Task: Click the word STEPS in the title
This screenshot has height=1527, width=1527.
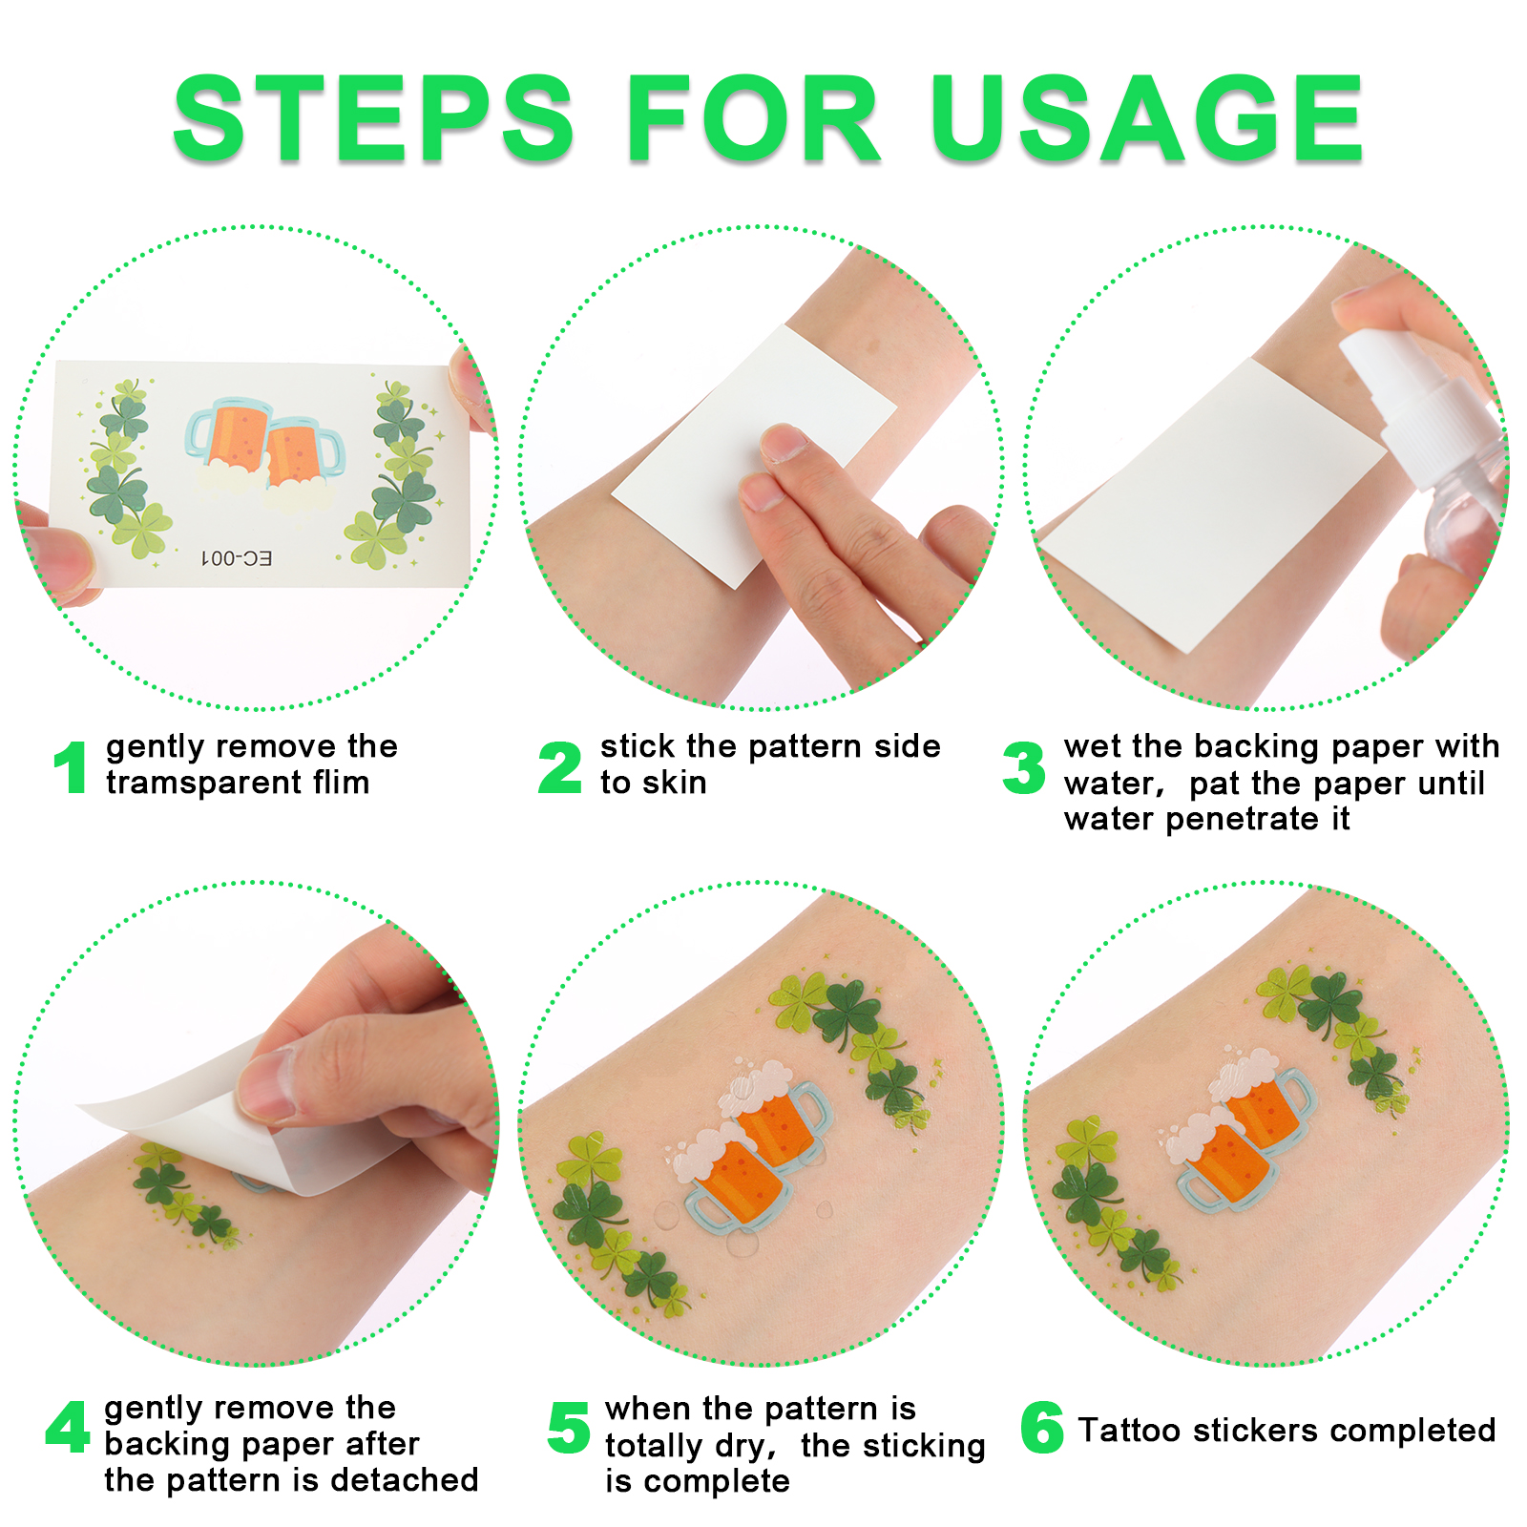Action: (x=374, y=118)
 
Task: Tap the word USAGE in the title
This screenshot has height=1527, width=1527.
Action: (x=1148, y=118)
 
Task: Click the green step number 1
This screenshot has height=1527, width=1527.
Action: (x=70, y=767)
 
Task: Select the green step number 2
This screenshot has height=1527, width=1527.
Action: (x=559, y=767)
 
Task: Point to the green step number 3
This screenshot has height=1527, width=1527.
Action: (x=1024, y=767)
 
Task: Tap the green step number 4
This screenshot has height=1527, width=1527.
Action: (x=68, y=1428)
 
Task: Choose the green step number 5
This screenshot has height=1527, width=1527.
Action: (x=570, y=1428)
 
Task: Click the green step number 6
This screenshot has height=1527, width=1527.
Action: (x=1042, y=1428)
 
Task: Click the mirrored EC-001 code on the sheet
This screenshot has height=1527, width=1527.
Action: (x=236, y=557)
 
